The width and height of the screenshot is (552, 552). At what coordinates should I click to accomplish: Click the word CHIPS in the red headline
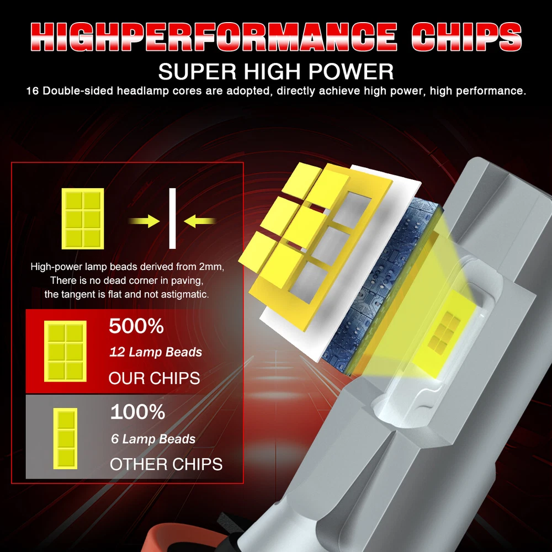(466, 36)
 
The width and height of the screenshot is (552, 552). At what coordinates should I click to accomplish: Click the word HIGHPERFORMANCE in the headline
(214, 36)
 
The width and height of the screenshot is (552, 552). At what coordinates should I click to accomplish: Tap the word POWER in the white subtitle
(351, 72)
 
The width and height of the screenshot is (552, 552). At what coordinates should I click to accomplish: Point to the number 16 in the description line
(33, 91)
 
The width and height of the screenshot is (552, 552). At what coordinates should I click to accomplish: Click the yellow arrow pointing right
(144, 221)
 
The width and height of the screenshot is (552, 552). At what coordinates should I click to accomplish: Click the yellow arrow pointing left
(199, 221)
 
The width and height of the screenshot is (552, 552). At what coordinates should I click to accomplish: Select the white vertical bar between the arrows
(172, 218)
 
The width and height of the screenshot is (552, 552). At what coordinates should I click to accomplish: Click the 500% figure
(136, 326)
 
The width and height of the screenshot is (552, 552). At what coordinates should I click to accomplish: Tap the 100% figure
(137, 412)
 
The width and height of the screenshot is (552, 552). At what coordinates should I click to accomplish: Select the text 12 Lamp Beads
(156, 352)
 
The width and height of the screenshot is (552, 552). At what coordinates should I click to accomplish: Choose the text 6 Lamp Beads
(153, 439)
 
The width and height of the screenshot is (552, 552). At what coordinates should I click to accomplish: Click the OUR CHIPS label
(154, 379)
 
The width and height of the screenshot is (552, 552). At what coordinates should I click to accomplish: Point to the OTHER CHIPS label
(166, 464)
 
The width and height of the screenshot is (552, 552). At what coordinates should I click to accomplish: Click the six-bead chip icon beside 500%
(65, 351)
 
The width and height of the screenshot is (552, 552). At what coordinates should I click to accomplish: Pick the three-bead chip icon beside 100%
(65, 439)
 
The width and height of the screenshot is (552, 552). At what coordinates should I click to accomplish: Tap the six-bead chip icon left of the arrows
(83, 219)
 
